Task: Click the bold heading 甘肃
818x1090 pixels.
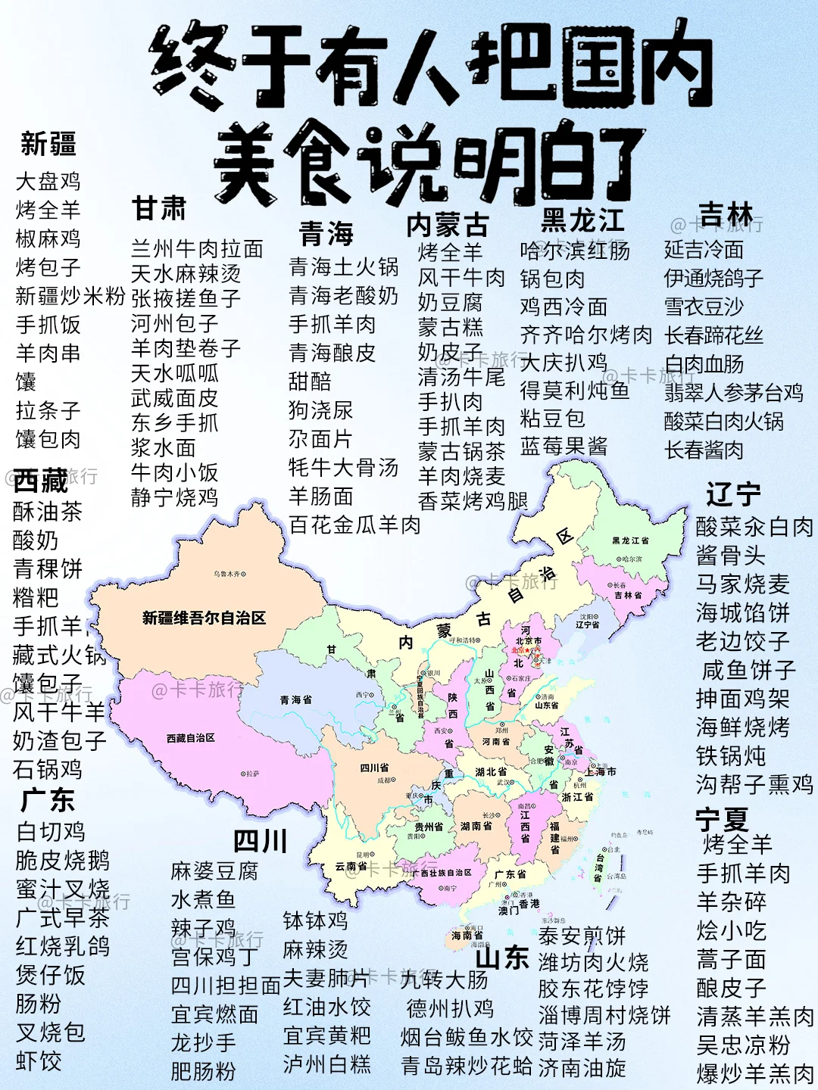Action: (x=159, y=208)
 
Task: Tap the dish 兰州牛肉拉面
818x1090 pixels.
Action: (x=197, y=249)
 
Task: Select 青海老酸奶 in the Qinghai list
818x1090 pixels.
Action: (x=343, y=295)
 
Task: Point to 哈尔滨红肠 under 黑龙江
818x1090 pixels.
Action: (x=575, y=251)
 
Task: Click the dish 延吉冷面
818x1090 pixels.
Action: (x=704, y=249)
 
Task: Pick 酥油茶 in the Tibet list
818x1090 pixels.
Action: (x=47, y=512)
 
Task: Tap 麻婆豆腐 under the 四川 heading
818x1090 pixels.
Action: (x=214, y=871)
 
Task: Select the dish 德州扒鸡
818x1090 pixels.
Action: (x=450, y=1008)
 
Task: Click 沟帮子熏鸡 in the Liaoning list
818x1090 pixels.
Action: (x=754, y=784)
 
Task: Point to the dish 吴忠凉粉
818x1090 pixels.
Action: (x=743, y=1045)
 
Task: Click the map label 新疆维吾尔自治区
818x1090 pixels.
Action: (x=204, y=618)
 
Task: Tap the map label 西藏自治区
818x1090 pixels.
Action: (x=191, y=737)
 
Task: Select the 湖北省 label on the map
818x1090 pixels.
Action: (x=491, y=772)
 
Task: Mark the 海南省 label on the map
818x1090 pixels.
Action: (x=467, y=936)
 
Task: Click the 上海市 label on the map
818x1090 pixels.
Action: (x=601, y=771)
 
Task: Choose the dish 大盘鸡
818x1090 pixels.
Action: (x=48, y=181)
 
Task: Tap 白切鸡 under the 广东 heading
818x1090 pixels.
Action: (x=51, y=832)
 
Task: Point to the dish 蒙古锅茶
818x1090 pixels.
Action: (x=461, y=452)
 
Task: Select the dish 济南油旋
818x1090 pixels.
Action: (x=582, y=1068)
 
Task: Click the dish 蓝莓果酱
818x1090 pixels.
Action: (x=564, y=447)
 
